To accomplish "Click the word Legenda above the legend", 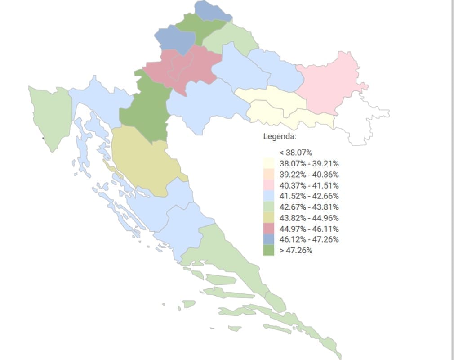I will (x=279, y=136).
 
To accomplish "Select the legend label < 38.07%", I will (x=295, y=153).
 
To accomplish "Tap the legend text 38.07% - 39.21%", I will (x=309, y=164).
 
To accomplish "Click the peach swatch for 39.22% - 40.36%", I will (x=268, y=175).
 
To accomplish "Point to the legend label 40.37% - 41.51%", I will (x=309, y=185).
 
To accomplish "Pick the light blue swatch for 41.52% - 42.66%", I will (x=268, y=196).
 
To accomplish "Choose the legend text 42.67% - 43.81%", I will (x=309, y=207).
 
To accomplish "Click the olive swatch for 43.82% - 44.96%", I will (x=268, y=218).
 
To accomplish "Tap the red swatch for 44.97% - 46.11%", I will (x=268, y=229).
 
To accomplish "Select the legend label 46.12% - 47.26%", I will (x=309, y=239).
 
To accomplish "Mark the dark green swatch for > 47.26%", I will (x=268, y=250).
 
